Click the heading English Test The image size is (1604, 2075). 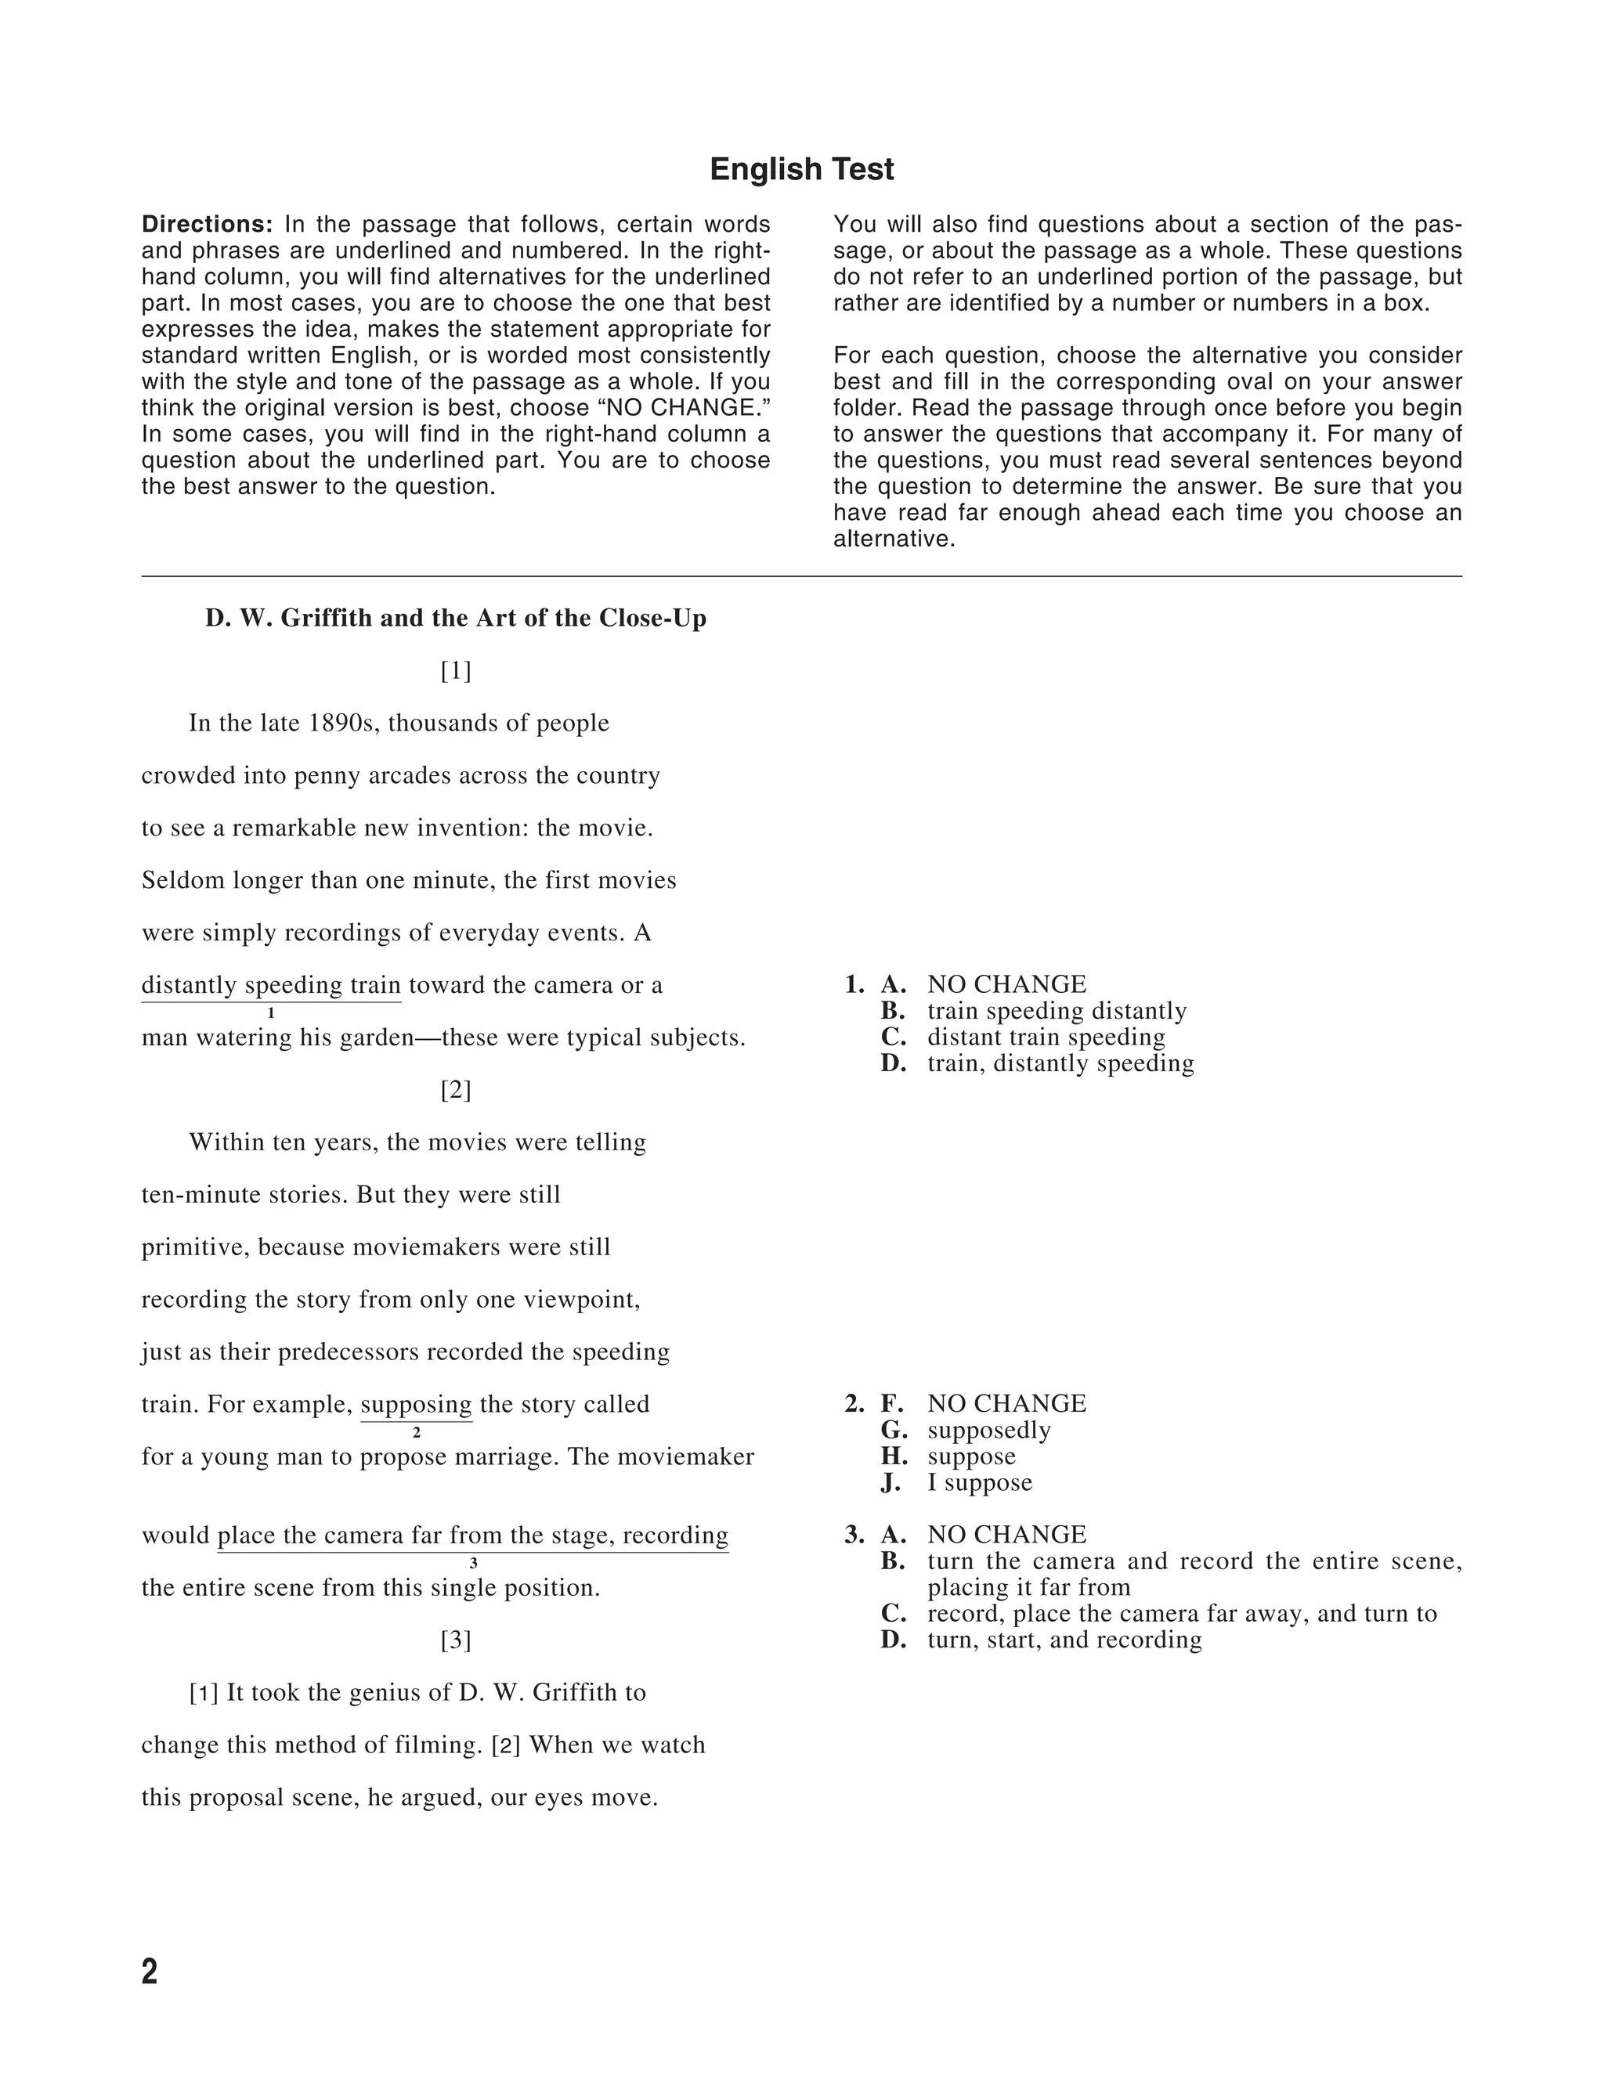(801, 169)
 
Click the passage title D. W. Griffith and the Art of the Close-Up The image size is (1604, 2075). (455, 619)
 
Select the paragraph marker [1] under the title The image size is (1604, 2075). (455, 671)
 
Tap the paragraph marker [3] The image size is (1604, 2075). (455, 1640)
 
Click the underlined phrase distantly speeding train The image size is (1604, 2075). (271, 985)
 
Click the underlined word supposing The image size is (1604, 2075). (416, 1404)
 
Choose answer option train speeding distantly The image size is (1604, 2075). (1057, 1011)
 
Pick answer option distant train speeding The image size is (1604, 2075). (1046, 1037)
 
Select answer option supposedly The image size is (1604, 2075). (988, 1430)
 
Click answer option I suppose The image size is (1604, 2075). (980, 1482)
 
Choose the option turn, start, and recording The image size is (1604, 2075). (1064, 1640)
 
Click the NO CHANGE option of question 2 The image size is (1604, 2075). (1006, 1403)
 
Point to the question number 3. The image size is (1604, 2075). (854, 1535)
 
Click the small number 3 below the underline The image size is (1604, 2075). (473, 1564)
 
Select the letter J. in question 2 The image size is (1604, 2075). (891, 1482)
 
